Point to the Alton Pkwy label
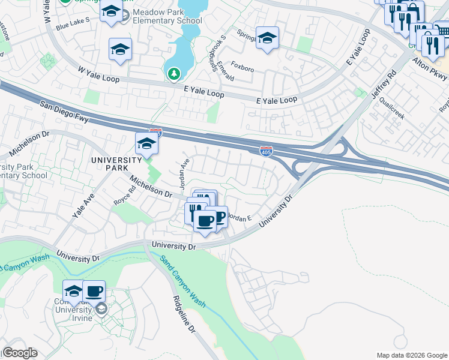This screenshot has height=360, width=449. [x=431, y=70]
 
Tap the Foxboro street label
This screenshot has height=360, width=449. [x=242, y=69]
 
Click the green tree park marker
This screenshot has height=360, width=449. [x=173, y=73]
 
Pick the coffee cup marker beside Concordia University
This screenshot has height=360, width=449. [x=94, y=292]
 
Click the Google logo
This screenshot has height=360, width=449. [x=19, y=353]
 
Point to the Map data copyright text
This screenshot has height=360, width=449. [x=411, y=355]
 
